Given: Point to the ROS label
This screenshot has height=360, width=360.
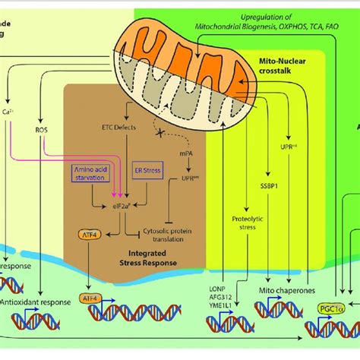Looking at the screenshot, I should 41,130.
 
